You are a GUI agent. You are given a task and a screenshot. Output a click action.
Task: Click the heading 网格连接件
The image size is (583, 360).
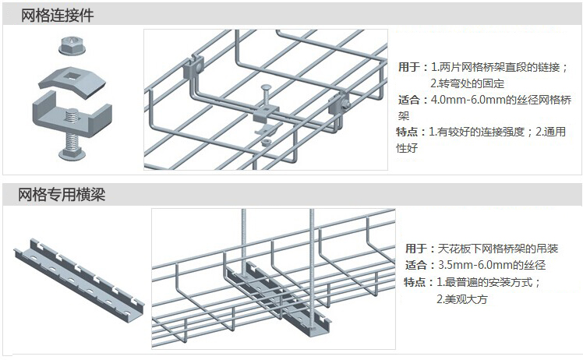click(x=57, y=16)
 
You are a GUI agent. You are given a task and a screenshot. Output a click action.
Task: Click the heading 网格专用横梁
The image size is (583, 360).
click(x=62, y=195)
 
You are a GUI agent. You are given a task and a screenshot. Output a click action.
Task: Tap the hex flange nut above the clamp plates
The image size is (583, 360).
click(x=72, y=45)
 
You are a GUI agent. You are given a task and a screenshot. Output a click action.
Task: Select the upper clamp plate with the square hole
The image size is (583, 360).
click(x=72, y=82)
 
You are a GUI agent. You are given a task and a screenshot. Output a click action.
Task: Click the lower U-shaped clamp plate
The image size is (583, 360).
click(x=72, y=115)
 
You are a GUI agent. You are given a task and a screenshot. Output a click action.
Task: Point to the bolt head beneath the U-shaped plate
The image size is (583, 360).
click(x=72, y=153)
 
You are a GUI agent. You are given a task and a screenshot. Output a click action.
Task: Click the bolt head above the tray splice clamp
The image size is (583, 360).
click(x=267, y=88)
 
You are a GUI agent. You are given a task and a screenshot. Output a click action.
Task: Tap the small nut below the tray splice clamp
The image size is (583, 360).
click(x=267, y=142)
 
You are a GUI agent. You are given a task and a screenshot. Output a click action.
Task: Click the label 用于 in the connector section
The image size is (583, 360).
click(x=409, y=67)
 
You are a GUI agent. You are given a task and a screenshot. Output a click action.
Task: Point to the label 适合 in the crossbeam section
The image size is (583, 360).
click(x=416, y=265)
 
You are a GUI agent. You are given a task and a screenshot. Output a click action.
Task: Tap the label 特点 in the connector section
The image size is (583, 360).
click(x=407, y=132)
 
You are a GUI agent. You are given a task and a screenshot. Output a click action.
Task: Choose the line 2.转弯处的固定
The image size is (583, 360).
click(x=468, y=83)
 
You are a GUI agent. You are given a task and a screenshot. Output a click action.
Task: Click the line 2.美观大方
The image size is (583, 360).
click(x=461, y=299)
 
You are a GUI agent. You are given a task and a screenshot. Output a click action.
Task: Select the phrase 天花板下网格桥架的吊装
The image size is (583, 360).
click(x=498, y=249)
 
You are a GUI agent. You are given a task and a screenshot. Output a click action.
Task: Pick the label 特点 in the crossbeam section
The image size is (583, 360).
click(x=415, y=282)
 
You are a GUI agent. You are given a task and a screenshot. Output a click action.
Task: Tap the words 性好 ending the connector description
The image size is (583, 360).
click(x=407, y=148)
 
